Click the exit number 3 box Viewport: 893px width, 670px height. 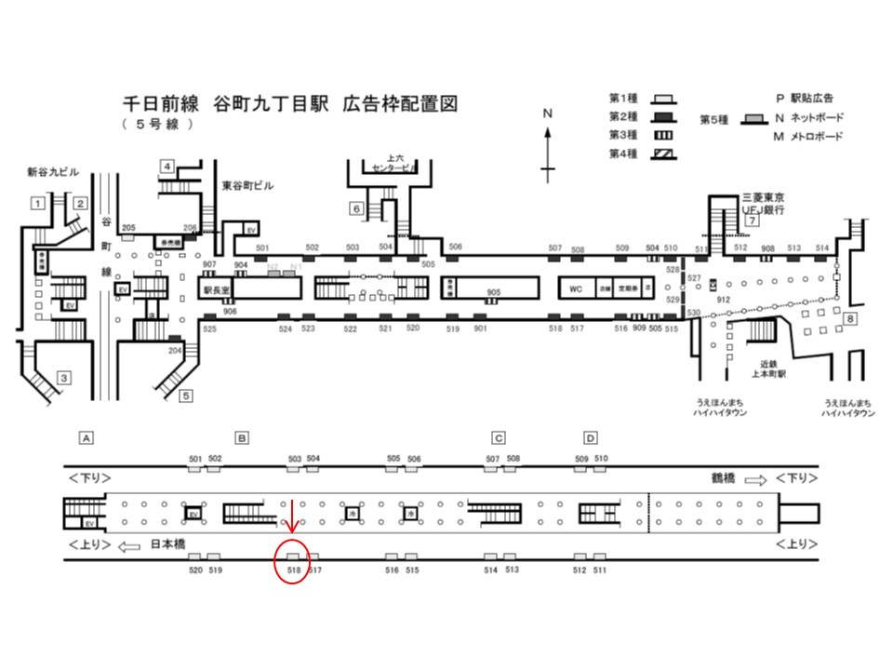tap(64, 377)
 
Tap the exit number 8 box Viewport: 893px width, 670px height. tap(849, 320)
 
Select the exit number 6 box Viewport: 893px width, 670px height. tap(356, 208)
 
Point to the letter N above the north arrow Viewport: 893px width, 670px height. tap(548, 114)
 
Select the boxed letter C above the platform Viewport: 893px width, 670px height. tap(499, 437)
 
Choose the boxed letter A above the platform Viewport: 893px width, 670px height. tap(87, 437)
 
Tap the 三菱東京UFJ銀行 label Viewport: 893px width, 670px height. tap(764, 205)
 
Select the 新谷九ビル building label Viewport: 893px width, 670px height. tap(54, 174)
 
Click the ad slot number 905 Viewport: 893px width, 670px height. tap(494, 292)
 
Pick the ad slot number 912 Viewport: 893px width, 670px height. tap(724, 299)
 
